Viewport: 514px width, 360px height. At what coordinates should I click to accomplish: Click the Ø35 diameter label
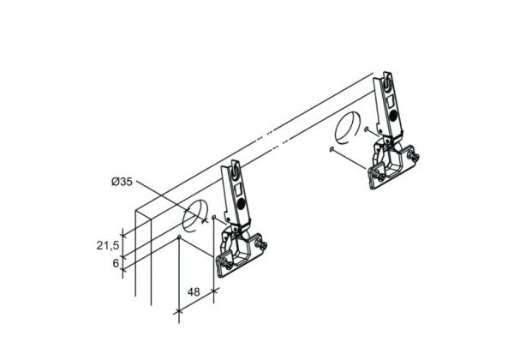point(122,182)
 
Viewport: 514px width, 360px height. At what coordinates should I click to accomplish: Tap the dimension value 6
point(116,263)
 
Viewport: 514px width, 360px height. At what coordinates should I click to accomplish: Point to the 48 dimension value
point(194,291)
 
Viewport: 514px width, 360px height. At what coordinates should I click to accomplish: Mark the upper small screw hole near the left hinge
point(213,217)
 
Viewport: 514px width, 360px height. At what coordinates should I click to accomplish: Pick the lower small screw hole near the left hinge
point(179,237)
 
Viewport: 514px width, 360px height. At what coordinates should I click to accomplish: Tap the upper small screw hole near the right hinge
point(366,129)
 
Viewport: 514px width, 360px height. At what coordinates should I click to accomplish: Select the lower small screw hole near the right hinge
point(332,149)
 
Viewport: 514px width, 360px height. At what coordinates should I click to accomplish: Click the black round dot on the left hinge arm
point(242,203)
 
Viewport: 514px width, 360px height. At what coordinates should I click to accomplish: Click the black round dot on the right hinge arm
point(393,114)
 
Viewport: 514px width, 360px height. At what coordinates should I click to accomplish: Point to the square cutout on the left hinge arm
point(238,189)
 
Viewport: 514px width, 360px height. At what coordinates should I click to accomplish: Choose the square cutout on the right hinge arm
point(390,99)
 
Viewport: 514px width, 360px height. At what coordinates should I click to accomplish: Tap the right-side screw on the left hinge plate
point(261,244)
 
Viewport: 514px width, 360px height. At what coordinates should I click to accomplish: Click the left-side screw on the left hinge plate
point(224,263)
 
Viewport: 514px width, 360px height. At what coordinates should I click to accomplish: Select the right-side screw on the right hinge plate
point(414,156)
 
